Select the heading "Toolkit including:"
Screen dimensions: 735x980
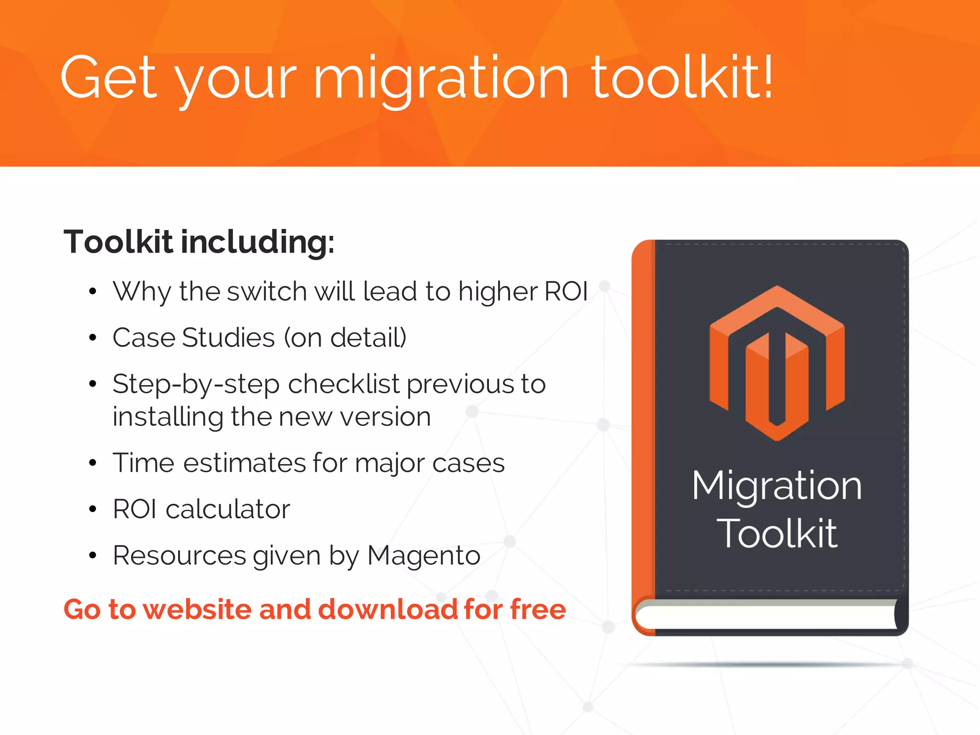(x=199, y=242)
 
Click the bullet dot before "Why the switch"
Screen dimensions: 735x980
(x=93, y=291)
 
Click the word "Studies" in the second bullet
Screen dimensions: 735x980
(x=228, y=338)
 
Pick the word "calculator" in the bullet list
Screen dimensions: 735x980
(x=228, y=509)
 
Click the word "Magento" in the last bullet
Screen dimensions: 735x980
(x=423, y=556)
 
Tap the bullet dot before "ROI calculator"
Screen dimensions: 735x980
(x=93, y=509)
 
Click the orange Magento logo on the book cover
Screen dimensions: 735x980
(x=777, y=363)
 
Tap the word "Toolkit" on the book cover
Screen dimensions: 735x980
(x=777, y=534)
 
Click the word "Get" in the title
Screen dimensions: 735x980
(x=109, y=78)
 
